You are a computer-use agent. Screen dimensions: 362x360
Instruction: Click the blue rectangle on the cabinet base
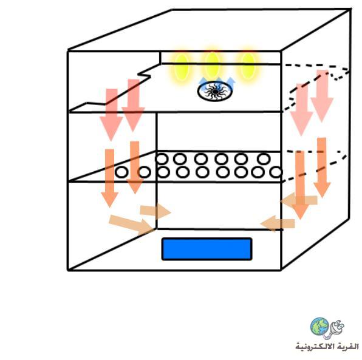tap(207, 249)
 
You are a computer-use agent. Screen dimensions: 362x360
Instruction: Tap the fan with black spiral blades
tap(215, 92)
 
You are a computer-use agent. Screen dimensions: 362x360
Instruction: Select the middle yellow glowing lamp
tap(212, 65)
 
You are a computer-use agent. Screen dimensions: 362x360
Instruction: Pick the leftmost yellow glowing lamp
tap(182, 67)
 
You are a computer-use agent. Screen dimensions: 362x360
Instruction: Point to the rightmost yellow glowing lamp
tap(248, 66)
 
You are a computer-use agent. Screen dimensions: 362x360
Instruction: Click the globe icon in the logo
tap(319, 327)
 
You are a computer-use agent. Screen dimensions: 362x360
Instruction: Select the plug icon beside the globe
tap(334, 330)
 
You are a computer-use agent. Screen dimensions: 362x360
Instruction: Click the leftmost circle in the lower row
tap(121, 172)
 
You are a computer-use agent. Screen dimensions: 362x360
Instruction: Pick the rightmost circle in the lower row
tap(276, 172)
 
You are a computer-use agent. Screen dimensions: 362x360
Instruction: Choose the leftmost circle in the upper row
tap(162, 159)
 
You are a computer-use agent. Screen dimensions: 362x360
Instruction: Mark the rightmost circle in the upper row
tap(264, 159)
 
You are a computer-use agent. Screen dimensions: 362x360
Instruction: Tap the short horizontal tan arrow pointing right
tap(155, 211)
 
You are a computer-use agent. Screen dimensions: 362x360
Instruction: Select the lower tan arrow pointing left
tap(278, 223)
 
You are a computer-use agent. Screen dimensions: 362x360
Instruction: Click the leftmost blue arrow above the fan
tap(203, 82)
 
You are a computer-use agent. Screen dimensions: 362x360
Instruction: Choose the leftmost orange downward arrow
tap(110, 178)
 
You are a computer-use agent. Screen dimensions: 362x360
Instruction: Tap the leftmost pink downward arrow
tap(111, 115)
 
